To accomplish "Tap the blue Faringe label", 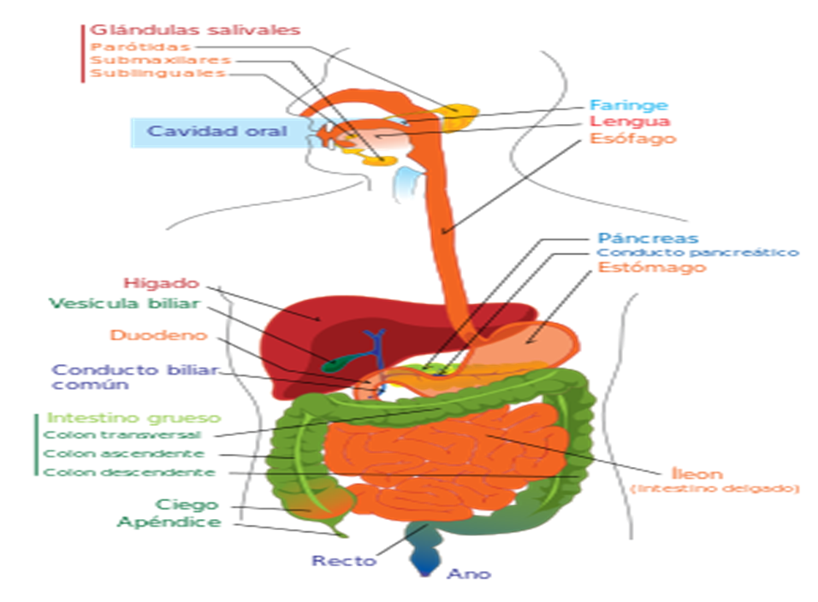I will click(628, 105).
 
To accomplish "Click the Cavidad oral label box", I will click(216, 132).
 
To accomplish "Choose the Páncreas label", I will click(647, 238).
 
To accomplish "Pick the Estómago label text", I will click(651, 268).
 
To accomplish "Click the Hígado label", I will click(160, 283).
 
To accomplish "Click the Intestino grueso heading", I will click(134, 418).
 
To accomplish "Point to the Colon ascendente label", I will click(124, 453).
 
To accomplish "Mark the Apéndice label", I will click(169, 522).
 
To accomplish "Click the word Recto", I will click(343, 561).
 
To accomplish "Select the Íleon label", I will click(697, 473).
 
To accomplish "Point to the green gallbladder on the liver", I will click(335, 362).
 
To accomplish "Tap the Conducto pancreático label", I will click(697, 252).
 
